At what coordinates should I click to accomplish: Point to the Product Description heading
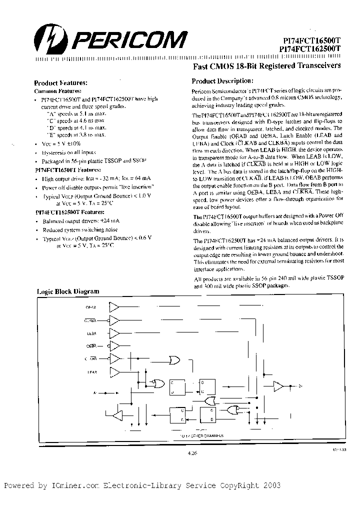click(222, 81)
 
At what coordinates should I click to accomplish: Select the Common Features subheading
click(57, 91)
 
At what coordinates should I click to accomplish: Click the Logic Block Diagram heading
click(68, 291)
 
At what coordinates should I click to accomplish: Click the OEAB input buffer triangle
click(114, 306)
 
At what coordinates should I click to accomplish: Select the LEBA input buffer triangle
click(114, 332)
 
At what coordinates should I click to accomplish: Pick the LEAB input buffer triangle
click(114, 371)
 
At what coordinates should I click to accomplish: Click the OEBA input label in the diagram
click(91, 345)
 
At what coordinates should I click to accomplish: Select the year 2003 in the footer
click(270, 485)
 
